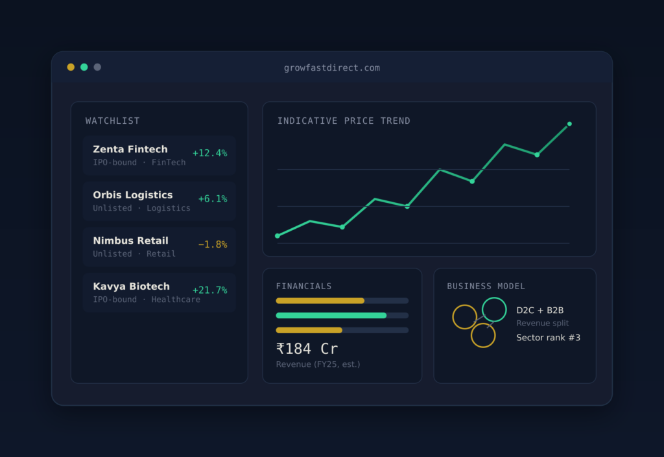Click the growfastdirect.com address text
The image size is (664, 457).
331,67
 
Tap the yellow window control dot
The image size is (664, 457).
71,67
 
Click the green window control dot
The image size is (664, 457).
84,67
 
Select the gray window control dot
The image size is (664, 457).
97,67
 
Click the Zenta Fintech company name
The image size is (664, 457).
130,149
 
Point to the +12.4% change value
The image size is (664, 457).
209,153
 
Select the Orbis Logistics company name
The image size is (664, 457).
133,195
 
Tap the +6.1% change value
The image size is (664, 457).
213,198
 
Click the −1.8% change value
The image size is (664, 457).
213,244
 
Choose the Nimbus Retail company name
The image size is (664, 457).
131,240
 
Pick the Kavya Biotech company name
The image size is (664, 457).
131,286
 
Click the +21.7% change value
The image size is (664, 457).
209,290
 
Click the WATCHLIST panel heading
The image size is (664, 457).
113,121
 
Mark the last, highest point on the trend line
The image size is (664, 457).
569,124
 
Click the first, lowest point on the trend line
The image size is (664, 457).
278,236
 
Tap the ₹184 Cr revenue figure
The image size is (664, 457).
307,349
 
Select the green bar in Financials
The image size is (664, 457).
331,315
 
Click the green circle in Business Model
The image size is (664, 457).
494,298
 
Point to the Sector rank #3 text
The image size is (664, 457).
549,338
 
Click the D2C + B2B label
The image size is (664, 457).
540,310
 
